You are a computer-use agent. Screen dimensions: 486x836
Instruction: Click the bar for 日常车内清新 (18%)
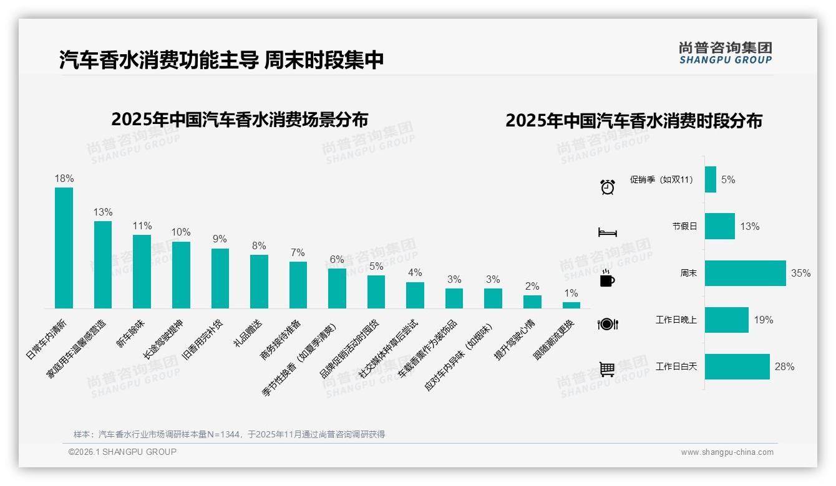[64, 248]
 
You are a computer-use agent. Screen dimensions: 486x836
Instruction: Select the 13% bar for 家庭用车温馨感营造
[103, 265]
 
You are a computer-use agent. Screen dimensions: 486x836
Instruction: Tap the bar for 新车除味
[142, 272]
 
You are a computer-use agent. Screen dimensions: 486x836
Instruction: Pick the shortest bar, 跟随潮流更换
[571, 305]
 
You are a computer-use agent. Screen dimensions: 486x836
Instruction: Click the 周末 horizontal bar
[745, 273]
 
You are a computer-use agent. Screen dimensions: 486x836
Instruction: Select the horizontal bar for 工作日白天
[737, 366]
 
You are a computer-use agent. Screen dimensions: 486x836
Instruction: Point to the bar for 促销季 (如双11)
[711, 179]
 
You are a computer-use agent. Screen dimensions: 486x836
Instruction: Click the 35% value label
[800, 273]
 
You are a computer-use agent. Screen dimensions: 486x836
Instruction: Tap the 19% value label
[763, 320]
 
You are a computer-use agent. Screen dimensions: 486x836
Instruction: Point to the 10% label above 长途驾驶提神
[181, 232]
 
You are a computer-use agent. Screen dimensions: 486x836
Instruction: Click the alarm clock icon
[607, 186]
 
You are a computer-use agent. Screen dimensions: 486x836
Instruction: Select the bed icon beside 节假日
[607, 232]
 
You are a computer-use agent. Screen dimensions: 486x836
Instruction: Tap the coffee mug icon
[607, 279]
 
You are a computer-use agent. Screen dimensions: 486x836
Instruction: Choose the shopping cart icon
[607, 369]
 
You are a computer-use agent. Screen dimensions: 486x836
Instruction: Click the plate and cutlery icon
[607, 324]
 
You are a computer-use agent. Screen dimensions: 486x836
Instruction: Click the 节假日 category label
[684, 226]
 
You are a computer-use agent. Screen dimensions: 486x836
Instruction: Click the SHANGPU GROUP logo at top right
[725, 53]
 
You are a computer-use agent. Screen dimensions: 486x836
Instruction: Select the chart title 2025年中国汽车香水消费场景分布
[240, 119]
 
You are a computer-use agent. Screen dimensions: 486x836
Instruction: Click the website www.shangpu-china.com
[727, 452]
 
